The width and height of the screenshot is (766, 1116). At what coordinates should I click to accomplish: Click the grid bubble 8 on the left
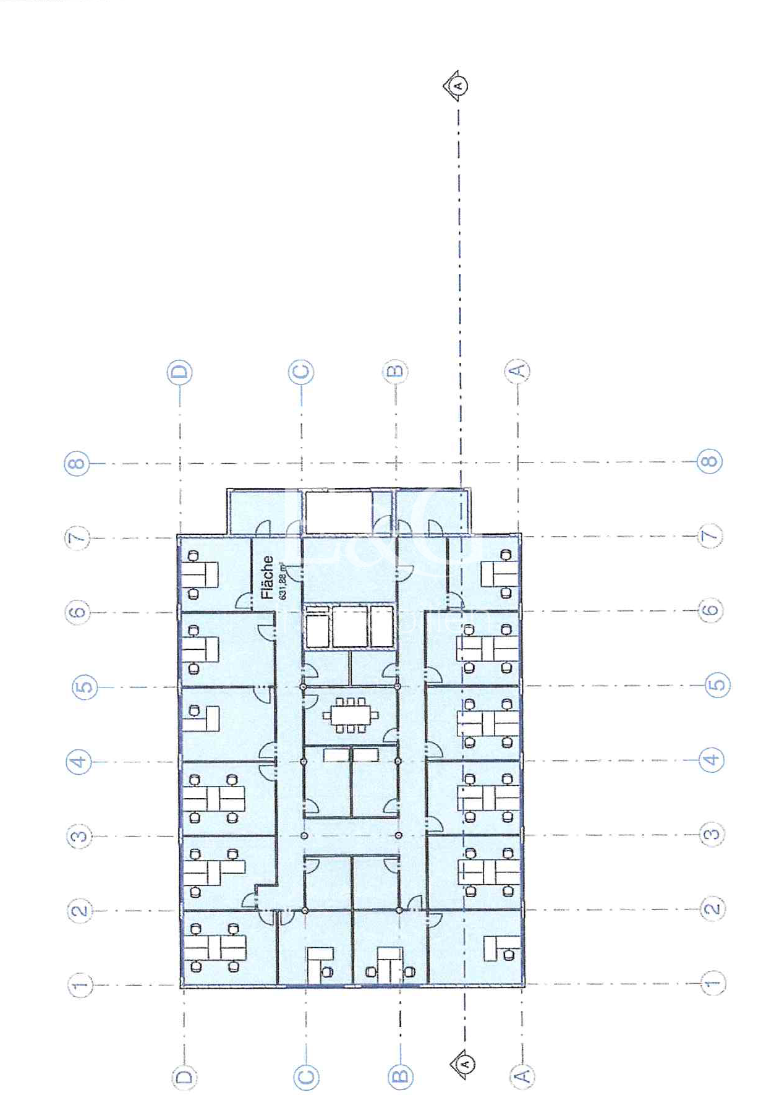[x=77, y=464]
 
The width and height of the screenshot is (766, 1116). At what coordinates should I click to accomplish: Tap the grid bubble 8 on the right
[x=709, y=461]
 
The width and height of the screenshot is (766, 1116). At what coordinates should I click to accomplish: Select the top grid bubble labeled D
[x=180, y=372]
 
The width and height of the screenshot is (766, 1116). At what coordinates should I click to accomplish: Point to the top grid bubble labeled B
[x=396, y=371]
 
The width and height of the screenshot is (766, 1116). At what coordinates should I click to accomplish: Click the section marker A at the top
[x=457, y=85]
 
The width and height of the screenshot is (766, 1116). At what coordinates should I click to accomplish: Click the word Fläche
[x=267, y=577]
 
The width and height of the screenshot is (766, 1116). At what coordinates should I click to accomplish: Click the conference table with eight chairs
[x=350, y=716]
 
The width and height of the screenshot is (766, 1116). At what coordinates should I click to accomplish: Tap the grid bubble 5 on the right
[x=717, y=685]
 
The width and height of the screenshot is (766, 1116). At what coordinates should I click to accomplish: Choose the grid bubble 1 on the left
[x=80, y=985]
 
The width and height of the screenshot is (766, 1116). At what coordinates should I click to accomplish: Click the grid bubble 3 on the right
[x=712, y=834]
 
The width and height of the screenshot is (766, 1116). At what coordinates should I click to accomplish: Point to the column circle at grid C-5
[x=303, y=687]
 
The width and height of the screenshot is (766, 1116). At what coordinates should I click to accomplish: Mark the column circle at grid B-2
[x=399, y=910]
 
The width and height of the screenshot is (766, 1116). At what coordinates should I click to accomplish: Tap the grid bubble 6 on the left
[x=77, y=613]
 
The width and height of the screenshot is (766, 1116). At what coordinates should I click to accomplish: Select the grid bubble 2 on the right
[x=712, y=908]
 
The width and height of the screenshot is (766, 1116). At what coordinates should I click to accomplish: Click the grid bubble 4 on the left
[x=79, y=762]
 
